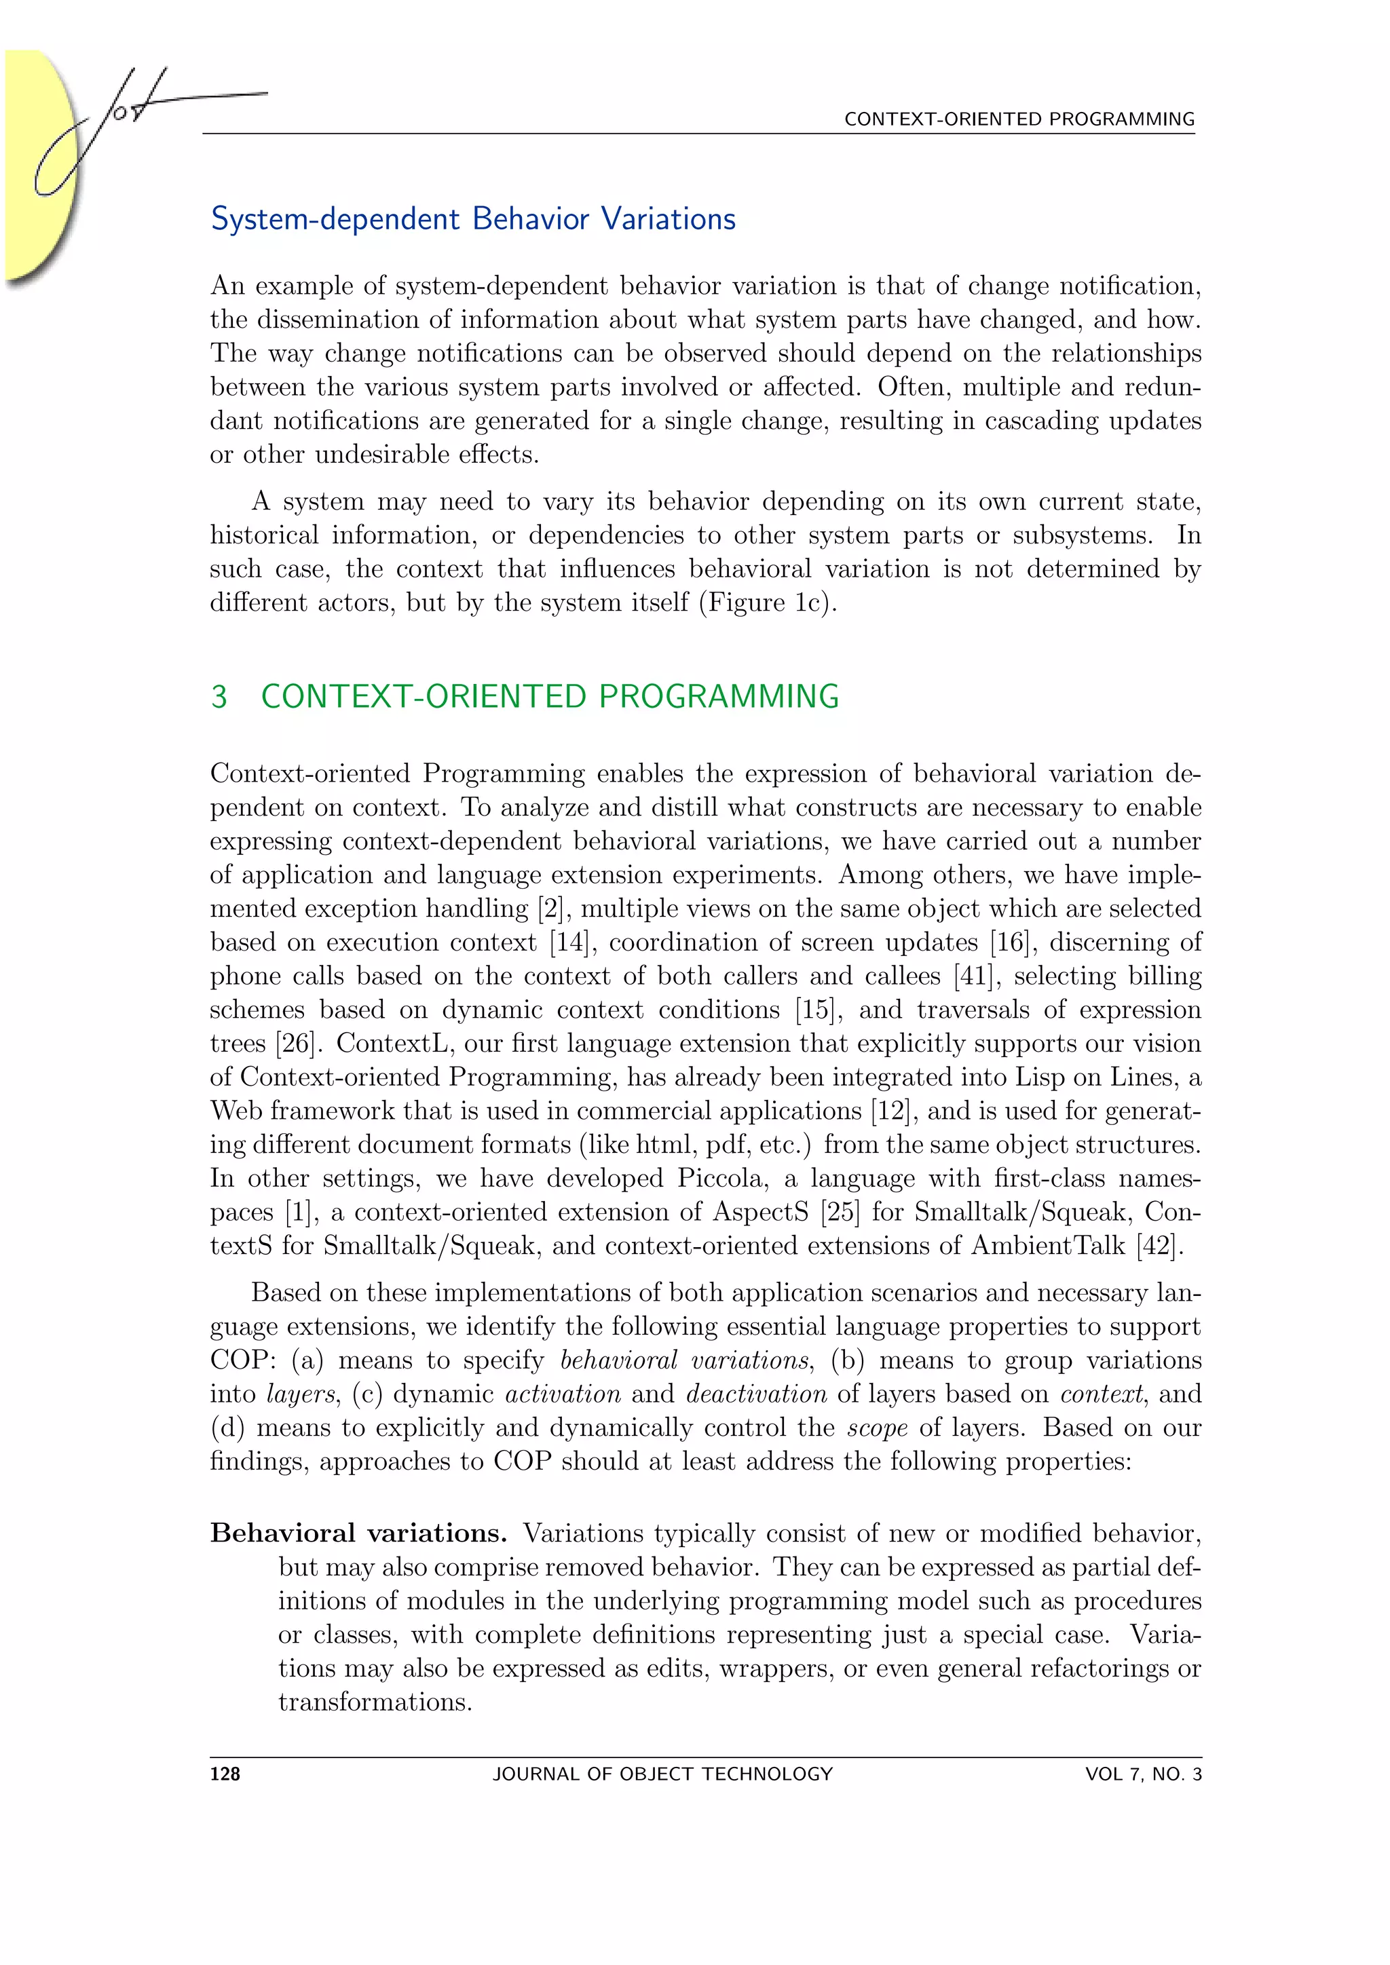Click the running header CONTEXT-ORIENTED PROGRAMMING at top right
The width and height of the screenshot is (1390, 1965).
click(x=1019, y=119)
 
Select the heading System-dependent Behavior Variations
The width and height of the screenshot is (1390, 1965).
click(x=473, y=219)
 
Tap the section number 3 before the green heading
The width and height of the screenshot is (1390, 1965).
click(x=219, y=697)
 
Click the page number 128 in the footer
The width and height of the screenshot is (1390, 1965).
click(x=225, y=1774)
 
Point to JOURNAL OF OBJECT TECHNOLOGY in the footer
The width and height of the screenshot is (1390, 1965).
click(x=662, y=1774)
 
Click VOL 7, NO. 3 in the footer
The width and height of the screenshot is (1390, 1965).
click(x=1143, y=1774)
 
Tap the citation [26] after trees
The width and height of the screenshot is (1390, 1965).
click(x=295, y=1044)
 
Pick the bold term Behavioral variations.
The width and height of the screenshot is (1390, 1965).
click(x=358, y=1533)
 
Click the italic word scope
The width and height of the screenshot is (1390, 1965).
click(x=878, y=1428)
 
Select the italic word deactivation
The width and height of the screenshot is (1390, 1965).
click(x=757, y=1394)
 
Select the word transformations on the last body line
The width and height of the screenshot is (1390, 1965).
click(x=374, y=1702)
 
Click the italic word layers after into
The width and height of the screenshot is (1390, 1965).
click(x=299, y=1395)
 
